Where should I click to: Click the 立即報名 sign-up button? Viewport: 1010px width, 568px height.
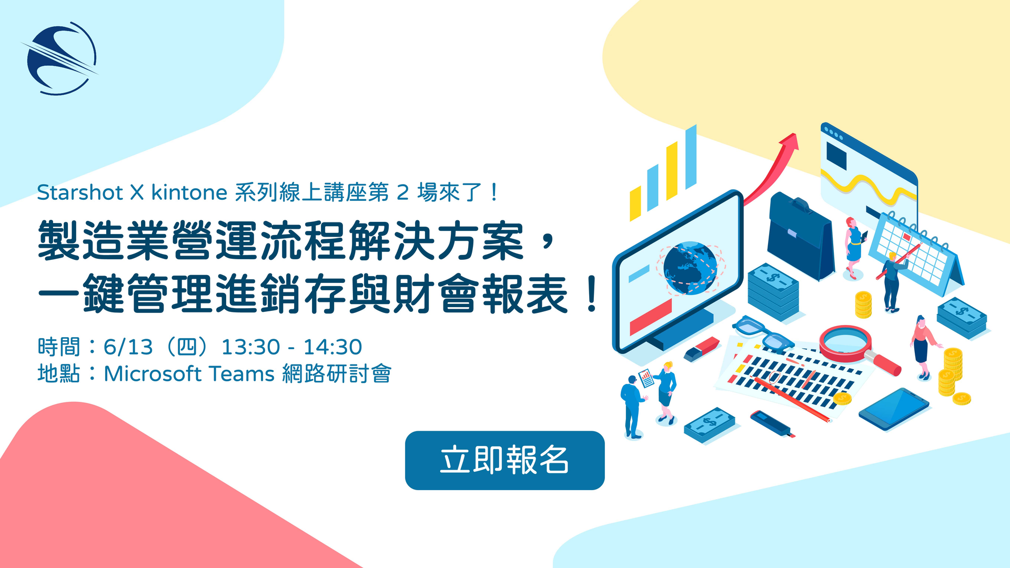click(504, 460)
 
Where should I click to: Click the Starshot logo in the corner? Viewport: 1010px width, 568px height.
click(59, 58)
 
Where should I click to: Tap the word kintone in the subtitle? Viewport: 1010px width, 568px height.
click(189, 192)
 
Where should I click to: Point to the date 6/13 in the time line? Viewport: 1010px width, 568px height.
click(128, 347)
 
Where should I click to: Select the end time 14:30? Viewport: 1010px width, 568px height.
click(332, 347)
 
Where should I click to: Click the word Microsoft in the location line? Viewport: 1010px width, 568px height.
click(153, 374)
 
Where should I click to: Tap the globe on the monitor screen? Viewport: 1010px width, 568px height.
click(690, 268)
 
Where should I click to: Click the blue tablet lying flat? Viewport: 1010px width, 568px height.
click(894, 409)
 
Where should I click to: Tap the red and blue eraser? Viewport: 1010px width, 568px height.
click(702, 349)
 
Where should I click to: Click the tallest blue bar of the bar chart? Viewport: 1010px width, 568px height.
click(691, 156)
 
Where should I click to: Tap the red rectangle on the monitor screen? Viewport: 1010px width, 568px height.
click(651, 317)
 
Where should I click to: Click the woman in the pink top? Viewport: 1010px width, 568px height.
click(923, 347)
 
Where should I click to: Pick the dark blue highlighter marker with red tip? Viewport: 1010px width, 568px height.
click(772, 423)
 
